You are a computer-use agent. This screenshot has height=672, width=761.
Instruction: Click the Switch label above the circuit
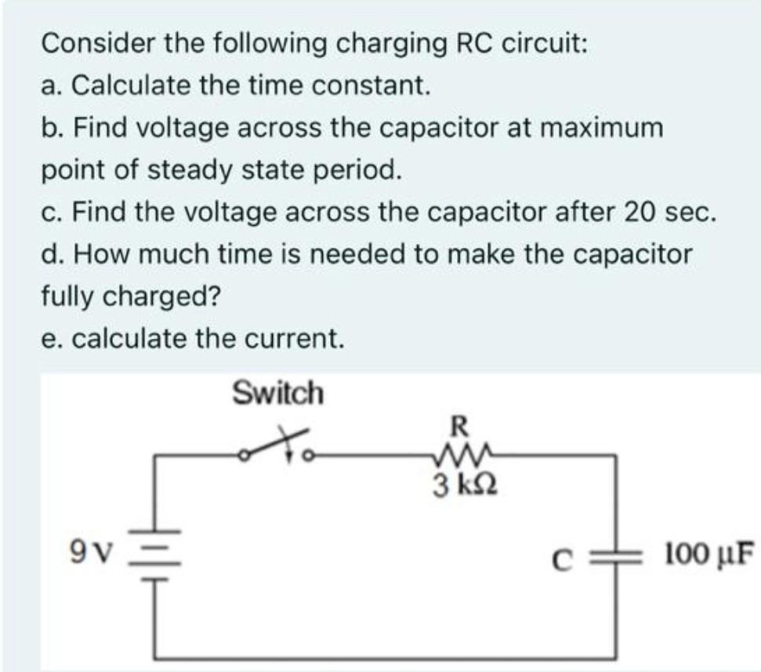[x=277, y=391]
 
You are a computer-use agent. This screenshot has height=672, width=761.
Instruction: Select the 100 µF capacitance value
[x=706, y=554]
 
